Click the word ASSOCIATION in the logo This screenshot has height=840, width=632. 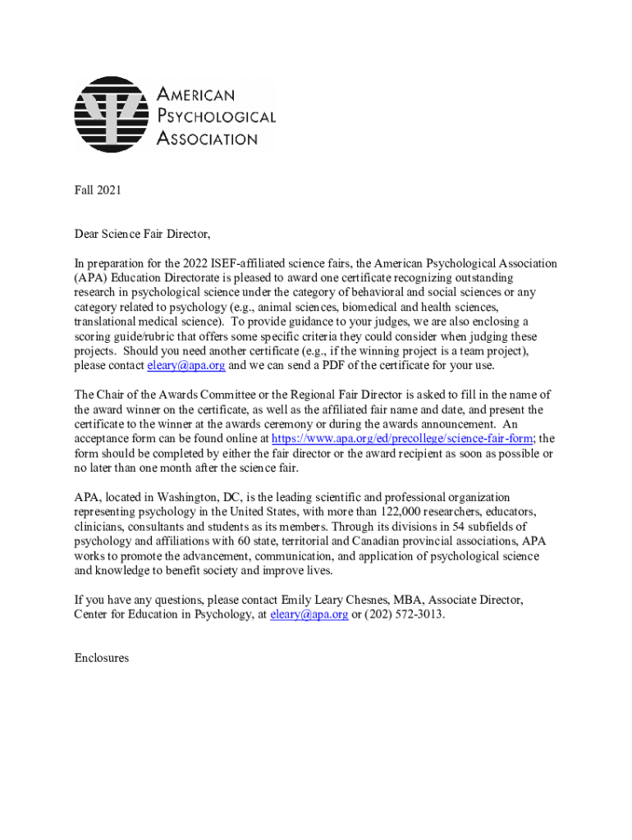tap(207, 139)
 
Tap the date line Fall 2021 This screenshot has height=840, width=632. tap(98, 190)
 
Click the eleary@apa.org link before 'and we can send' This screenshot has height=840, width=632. tap(185, 366)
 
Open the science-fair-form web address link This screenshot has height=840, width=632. tap(401, 439)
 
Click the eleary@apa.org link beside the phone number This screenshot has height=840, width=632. tap(309, 614)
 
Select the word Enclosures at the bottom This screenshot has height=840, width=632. tap(101, 658)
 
